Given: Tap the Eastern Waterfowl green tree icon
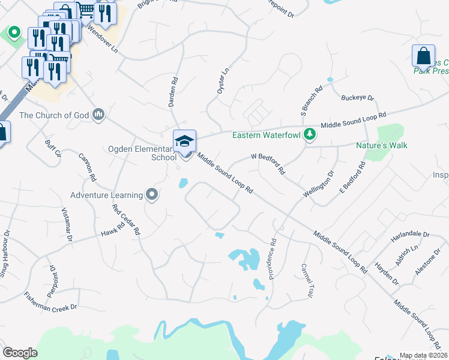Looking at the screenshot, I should pyautogui.click(x=310, y=134).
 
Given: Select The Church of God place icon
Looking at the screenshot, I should pyautogui.click(x=99, y=114).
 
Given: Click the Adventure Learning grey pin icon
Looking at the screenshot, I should pyautogui.click(x=152, y=194).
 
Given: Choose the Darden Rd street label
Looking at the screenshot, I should pyautogui.click(x=173, y=92).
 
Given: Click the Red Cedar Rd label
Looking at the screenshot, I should pyautogui.click(x=126, y=219).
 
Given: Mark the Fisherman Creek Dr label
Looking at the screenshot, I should pyautogui.click(x=51, y=301).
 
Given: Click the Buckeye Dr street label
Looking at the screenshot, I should pyautogui.click(x=357, y=97).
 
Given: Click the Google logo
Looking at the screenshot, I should pyautogui.click(x=20, y=353).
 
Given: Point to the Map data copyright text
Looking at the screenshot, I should pyautogui.click(x=423, y=355).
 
